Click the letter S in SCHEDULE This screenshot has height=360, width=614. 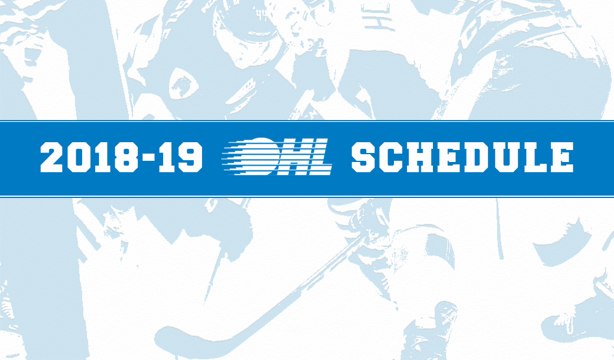coord(364,157)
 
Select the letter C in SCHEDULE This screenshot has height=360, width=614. coord(392,157)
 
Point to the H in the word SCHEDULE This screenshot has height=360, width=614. coord(420,157)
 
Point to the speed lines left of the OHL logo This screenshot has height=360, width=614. coord(237,157)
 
